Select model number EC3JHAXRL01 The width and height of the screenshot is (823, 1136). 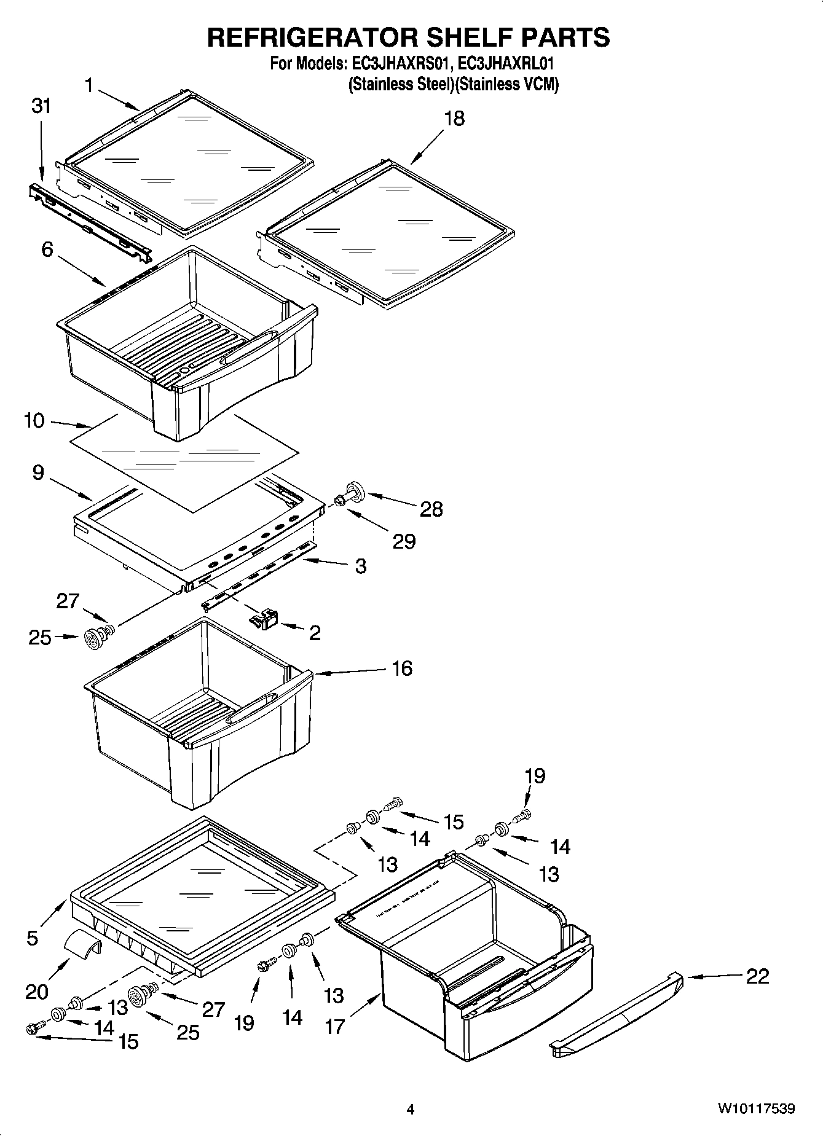tap(510, 64)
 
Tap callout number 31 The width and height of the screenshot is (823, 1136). tap(41, 106)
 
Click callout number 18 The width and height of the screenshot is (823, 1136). tap(454, 118)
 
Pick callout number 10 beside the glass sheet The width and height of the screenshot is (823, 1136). tap(34, 421)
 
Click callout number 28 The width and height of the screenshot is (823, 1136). tap(431, 509)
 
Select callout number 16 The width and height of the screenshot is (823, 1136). tap(402, 668)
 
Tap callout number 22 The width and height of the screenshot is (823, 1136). tap(757, 976)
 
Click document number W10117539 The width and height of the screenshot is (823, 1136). tap(755, 1109)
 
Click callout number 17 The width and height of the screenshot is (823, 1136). tap(335, 1026)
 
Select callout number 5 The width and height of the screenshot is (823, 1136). tap(32, 938)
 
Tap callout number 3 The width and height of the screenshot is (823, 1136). tap(361, 566)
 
